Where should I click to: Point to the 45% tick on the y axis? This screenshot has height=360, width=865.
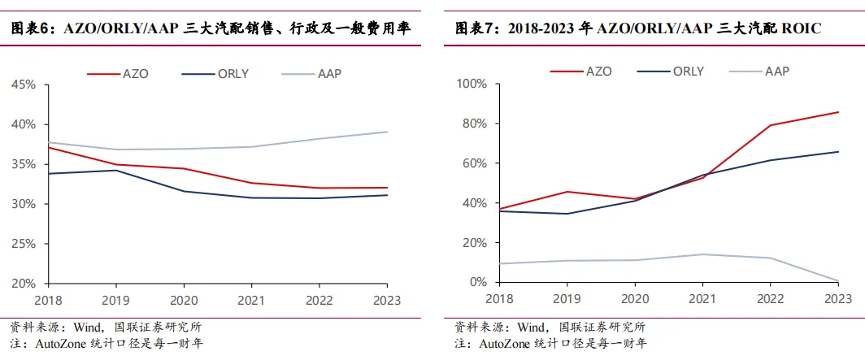pos(23,85)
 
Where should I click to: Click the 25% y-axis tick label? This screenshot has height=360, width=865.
pos(23,244)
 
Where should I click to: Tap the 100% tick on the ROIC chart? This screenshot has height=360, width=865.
pos(472,84)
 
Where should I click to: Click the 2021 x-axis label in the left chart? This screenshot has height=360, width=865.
pos(251,298)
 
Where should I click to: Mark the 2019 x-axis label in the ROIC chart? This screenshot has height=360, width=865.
pos(567,298)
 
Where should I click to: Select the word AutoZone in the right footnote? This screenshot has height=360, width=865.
pos(506,343)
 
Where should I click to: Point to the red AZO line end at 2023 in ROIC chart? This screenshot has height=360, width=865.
pos(839,112)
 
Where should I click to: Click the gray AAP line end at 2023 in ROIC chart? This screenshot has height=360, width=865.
pos(839,281)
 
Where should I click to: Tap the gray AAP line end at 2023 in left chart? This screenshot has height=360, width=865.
pos(387,132)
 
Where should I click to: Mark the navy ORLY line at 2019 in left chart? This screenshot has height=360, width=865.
pos(115,170)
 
